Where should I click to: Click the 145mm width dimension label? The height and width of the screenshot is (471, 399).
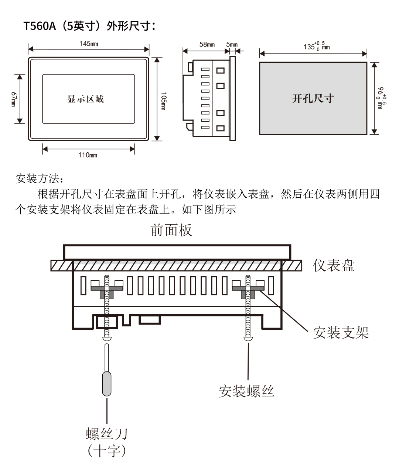(x=89, y=44)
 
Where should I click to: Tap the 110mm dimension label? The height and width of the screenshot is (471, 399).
(x=88, y=155)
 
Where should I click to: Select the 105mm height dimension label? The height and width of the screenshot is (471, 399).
(x=164, y=99)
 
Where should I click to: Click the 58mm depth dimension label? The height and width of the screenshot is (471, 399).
(x=207, y=45)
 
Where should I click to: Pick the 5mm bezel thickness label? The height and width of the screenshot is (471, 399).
(x=232, y=45)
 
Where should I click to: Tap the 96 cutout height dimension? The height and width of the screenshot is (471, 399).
(x=381, y=98)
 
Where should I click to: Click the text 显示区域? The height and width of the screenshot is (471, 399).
(x=86, y=99)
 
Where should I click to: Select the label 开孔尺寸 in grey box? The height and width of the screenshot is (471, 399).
(x=313, y=98)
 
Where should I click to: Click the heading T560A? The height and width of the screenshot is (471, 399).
(x=39, y=26)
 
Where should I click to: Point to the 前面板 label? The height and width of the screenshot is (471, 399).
(x=171, y=230)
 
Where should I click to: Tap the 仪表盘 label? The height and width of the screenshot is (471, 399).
(x=334, y=265)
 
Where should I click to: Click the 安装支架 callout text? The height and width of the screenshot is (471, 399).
(x=341, y=332)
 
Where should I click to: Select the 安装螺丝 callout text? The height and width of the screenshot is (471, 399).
(x=246, y=391)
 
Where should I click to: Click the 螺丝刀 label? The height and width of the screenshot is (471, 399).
(x=107, y=433)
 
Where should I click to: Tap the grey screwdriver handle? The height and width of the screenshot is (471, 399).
(x=107, y=384)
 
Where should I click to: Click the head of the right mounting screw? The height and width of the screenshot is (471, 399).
(x=248, y=337)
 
